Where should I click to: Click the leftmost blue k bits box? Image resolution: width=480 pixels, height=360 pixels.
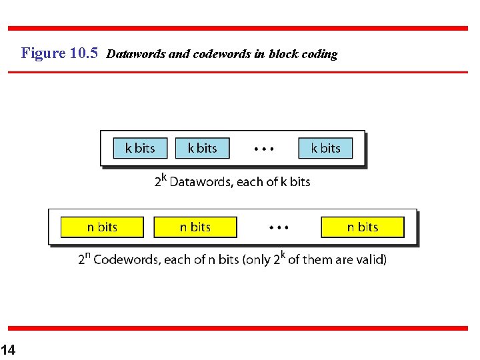[139, 148]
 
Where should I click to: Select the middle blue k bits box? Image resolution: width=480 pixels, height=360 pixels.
[202, 148]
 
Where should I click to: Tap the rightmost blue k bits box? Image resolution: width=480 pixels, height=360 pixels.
[325, 148]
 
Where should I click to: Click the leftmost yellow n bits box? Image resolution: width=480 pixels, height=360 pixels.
[102, 227]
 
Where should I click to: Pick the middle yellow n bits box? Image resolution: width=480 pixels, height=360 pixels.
[195, 227]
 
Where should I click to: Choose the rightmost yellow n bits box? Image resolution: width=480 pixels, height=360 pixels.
[363, 227]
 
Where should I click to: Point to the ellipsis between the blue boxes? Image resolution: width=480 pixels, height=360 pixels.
[264, 149]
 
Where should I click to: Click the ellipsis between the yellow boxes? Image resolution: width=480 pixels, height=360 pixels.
[279, 228]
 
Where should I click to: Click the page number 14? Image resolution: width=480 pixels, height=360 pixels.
[7, 349]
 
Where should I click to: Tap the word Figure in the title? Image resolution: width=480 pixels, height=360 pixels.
[43, 53]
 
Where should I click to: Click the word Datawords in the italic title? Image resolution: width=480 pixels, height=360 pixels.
[136, 54]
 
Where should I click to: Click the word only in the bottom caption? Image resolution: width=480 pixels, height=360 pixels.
[261, 260]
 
